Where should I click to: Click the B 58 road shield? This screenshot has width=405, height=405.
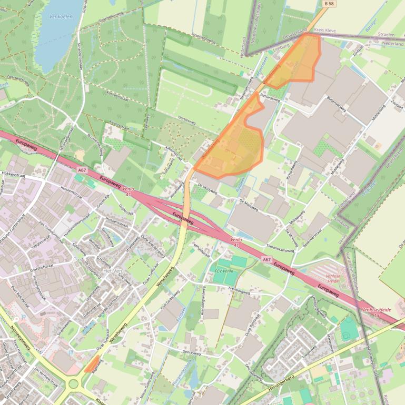[329, 4]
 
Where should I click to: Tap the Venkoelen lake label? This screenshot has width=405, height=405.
[60, 16]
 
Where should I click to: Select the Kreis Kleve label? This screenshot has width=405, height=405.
[325, 31]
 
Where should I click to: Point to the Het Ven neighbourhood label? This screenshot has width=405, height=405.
[113, 270]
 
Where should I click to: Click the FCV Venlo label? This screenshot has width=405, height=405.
[223, 270]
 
